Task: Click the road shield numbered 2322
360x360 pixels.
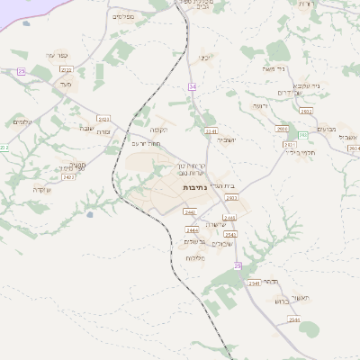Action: tap(66, 69)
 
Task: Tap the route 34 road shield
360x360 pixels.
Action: tap(192, 86)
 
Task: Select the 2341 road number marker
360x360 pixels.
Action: tap(211, 131)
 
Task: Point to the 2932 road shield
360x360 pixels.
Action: tap(306, 111)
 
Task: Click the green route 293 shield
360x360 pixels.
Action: tap(302, 135)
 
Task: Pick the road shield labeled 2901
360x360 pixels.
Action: tap(283, 129)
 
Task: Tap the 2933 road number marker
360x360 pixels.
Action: tap(233, 197)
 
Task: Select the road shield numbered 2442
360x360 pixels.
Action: tap(189, 212)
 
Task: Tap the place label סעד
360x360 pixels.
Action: tap(65, 84)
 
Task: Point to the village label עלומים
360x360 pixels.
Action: tap(23, 122)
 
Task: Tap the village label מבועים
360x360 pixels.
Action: tap(327, 129)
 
